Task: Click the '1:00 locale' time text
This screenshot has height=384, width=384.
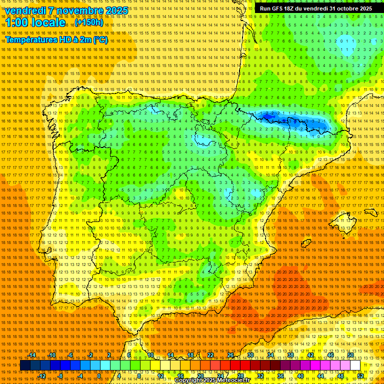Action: tap(35, 22)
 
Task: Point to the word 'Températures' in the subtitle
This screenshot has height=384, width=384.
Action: tap(32, 39)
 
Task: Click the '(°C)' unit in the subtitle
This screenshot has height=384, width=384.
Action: tap(100, 39)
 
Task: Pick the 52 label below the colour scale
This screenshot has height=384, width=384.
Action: tap(360, 376)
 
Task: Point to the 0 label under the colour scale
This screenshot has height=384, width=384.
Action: tap(99, 376)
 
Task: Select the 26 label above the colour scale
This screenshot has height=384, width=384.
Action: tap(230, 355)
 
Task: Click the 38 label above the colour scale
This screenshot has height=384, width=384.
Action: tap(290, 355)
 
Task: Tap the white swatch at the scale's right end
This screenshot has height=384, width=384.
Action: tap(355, 365)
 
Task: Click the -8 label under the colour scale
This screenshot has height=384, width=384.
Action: tap(61, 376)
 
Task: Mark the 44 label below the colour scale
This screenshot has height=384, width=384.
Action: tap(320, 376)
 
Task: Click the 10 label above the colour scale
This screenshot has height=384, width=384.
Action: tap(150, 355)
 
